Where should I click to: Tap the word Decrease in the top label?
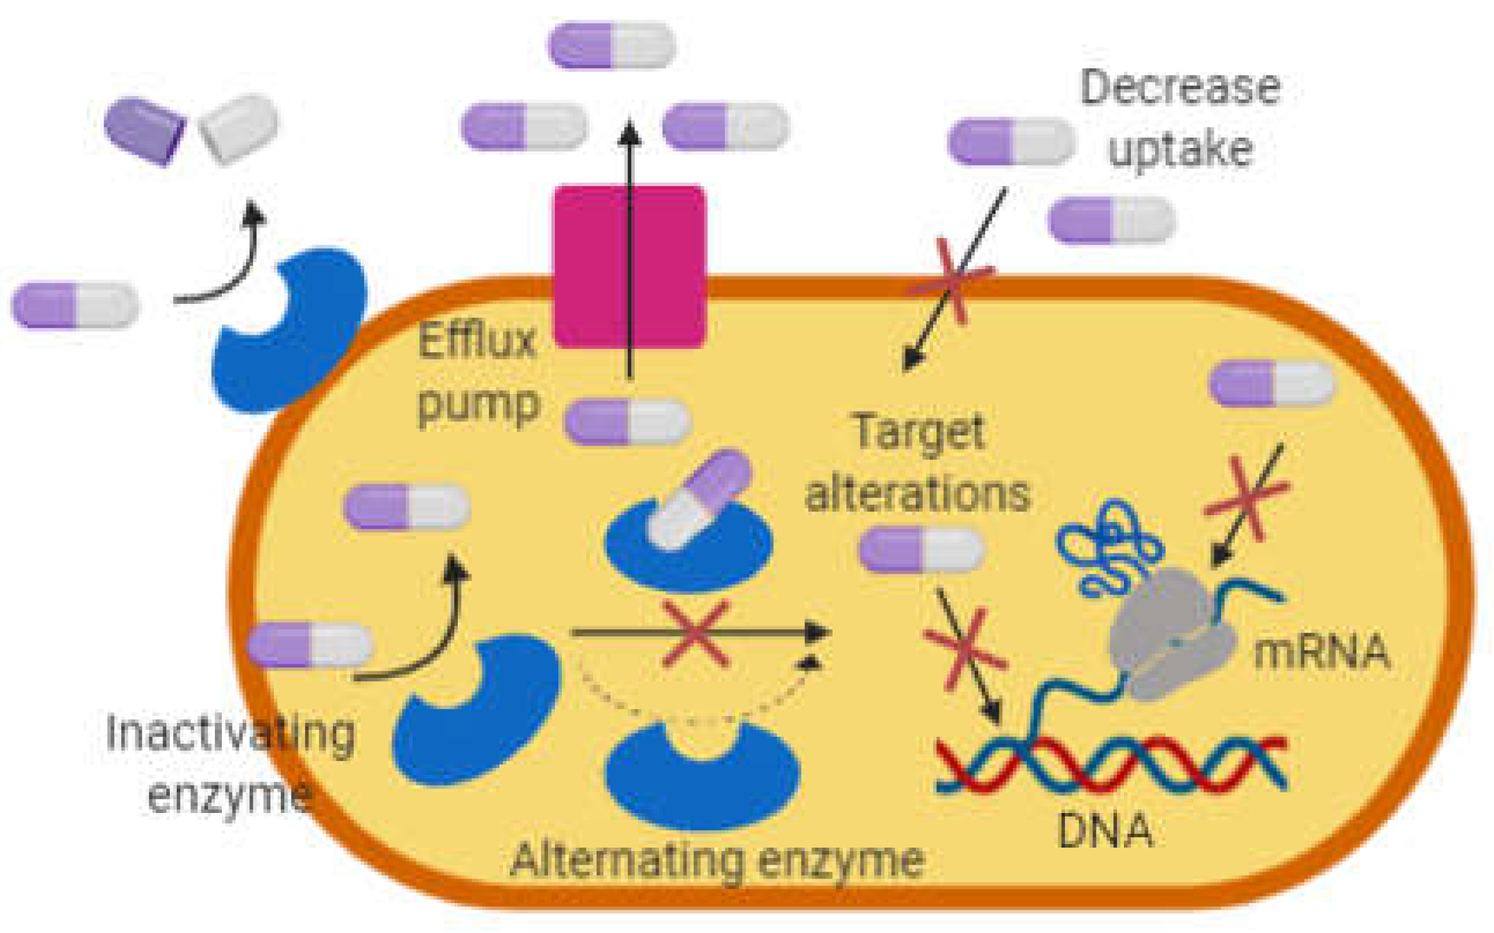[x=1179, y=88]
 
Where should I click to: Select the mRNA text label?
[x=1321, y=653]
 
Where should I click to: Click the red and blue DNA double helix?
[x=1111, y=765]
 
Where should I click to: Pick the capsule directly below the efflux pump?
[x=627, y=421]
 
